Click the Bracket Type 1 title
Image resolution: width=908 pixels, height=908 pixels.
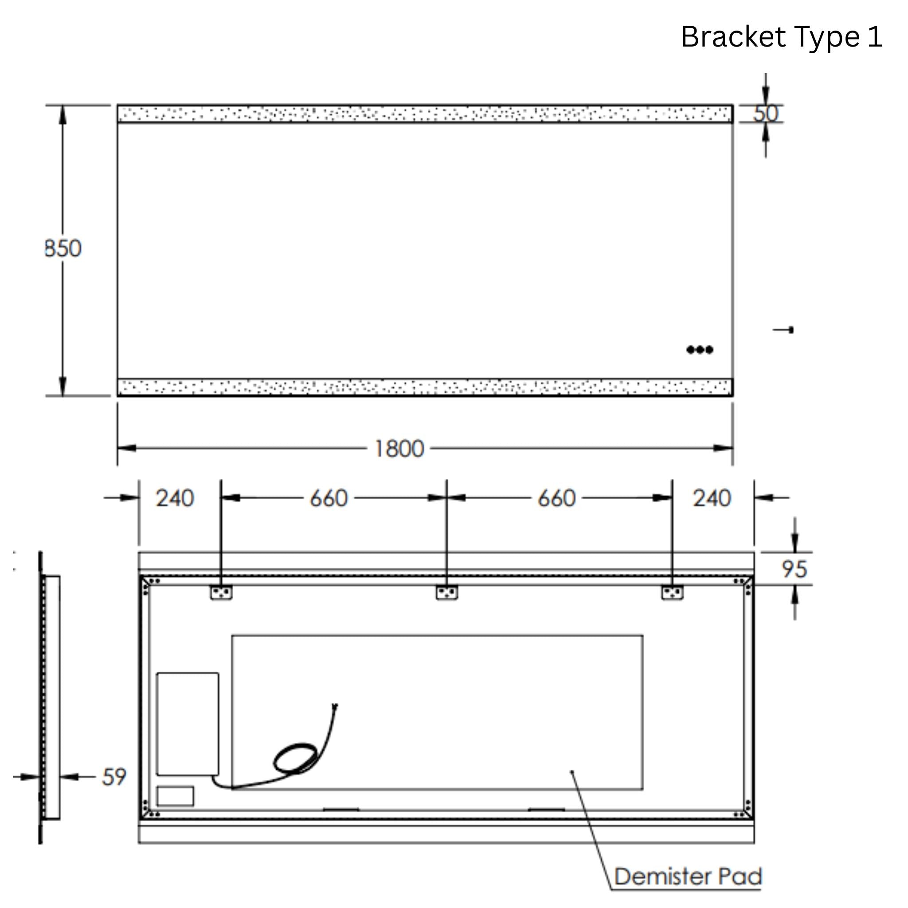[782, 37]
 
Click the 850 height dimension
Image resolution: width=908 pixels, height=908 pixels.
[63, 248]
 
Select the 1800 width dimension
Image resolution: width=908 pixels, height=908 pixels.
[399, 449]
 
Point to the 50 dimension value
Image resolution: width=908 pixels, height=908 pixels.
[766, 113]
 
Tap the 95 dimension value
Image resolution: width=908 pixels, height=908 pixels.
[794, 569]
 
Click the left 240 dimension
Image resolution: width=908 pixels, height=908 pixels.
[175, 498]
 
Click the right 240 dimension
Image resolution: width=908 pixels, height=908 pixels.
[712, 498]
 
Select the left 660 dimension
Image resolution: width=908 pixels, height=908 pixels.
[329, 498]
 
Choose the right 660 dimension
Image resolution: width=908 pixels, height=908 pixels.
[556, 498]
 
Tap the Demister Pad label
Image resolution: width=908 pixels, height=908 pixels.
[688, 877]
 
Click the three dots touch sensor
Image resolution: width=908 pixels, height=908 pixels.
[700, 350]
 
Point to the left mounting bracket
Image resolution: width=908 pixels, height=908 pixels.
[221, 592]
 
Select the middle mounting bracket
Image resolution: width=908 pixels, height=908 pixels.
[446, 592]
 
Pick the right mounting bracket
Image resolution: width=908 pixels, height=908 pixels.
[672, 592]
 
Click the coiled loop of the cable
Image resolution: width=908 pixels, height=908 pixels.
[295, 758]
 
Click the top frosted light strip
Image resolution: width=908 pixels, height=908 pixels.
[425, 114]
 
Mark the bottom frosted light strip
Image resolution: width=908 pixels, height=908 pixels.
[425, 387]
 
